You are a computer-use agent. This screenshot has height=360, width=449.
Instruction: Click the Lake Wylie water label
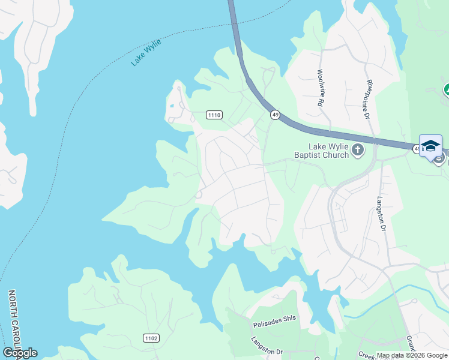146,52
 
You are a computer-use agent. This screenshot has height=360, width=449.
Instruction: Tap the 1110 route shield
214,115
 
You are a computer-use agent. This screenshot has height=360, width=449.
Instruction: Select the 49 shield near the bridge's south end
275,114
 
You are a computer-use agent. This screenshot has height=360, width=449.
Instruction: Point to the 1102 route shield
151,338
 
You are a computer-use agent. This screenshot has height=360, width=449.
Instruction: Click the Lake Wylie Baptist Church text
328,151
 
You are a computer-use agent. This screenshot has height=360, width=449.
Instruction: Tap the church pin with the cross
358,149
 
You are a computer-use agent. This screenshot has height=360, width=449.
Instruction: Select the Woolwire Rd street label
320,88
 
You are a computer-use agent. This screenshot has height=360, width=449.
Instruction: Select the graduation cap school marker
430,146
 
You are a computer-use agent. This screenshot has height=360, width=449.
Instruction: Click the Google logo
20,353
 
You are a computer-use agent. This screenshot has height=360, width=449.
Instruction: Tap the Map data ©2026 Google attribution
412,355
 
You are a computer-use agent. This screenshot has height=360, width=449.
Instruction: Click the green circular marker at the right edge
446,91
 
